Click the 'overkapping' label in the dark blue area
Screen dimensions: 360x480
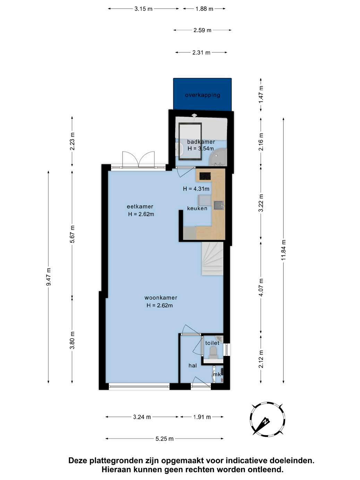(203, 95)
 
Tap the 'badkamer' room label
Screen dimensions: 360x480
(201, 142)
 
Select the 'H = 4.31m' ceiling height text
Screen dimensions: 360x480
(196, 189)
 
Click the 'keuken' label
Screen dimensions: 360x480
(197, 208)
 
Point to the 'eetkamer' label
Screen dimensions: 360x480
(140, 206)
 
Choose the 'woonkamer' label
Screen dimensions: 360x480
(161, 298)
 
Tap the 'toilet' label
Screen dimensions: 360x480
(212, 343)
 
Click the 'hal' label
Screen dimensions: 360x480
(192, 366)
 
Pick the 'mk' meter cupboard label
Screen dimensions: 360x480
(217, 374)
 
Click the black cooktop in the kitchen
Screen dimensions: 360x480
(205, 176)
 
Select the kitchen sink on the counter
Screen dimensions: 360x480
(218, 205)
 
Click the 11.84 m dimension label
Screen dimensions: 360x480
(283, 250)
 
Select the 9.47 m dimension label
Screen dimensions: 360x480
(48, 276)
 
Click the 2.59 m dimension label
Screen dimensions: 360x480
(203, 30)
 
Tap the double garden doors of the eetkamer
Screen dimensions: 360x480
(139, 160)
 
